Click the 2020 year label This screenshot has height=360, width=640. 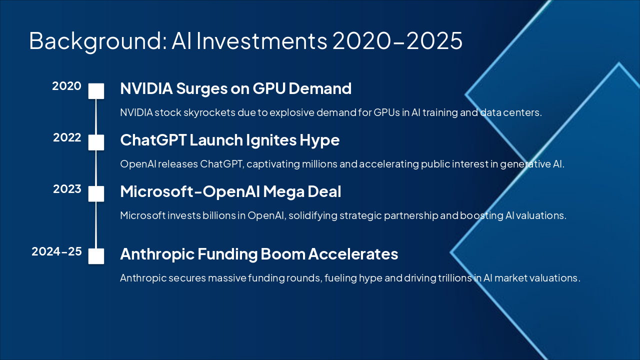[x=66, y=86]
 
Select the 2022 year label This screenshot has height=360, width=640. [x=67, y=137]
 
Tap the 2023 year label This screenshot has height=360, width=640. [x=67, y=189]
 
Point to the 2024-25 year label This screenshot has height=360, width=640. [x=56, y=251]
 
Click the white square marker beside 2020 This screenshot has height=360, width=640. [x=96, y=91]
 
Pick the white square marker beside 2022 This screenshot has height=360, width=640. [x=96, y=142]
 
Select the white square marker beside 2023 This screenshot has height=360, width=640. [x=96, y=194]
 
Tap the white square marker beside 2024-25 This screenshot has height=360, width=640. [x=96, y=256]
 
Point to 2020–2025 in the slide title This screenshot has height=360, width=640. [x=397, y=41]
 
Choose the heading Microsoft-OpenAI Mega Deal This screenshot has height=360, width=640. [x=230, y=192]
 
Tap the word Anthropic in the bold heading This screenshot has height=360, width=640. [x=157, y=254]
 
